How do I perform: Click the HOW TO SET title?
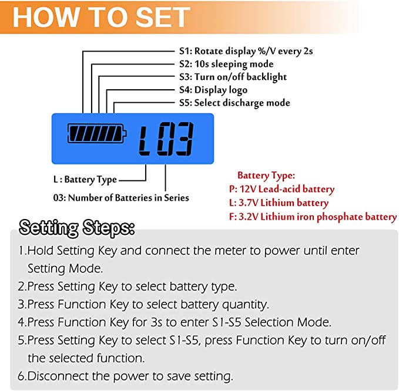(101, 17)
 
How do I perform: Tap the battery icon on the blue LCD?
(97, 133)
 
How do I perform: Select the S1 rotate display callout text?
(246, 51)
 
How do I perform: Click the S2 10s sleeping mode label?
(226, 64)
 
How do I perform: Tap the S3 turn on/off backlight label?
(233, 77)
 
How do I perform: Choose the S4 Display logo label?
(213, 90)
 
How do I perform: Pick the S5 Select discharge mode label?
(234, 103)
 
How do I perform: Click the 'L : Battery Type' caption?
(85, 180)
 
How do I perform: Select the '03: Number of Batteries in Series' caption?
(121, 198)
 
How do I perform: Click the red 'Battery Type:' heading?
(266, 176)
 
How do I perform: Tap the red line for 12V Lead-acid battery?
(281, 190)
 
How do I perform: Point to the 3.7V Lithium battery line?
(279, 203)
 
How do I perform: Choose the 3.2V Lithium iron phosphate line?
(313, 217)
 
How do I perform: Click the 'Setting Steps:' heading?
(77, 227)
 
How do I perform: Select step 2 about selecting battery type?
(128, 287)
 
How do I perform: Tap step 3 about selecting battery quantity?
(143, 305)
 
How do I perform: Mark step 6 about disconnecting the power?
(125, 376)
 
